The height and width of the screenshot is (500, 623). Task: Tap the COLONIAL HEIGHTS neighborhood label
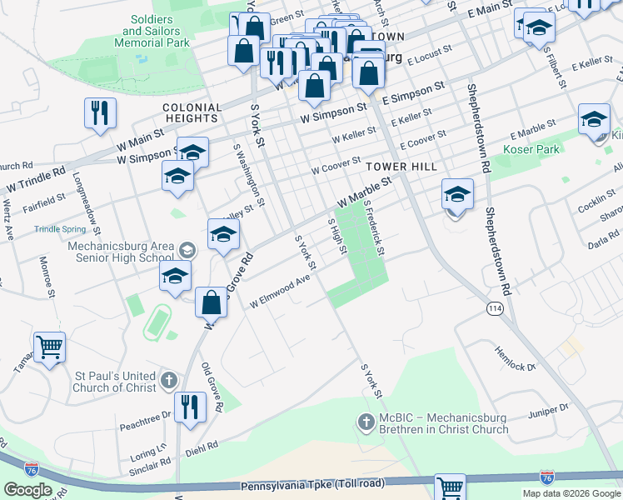(x=192, y=113)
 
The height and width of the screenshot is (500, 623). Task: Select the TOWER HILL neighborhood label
(x=401, y=167)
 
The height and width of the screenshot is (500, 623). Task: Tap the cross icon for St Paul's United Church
(x=168, y=382)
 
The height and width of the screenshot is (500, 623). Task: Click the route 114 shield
(x=496, y=308)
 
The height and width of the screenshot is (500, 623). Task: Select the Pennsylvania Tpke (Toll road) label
(x=312, y=485)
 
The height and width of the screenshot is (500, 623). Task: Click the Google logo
(x=27, y=489)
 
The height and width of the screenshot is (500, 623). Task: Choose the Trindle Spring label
(x=60, y=229)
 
